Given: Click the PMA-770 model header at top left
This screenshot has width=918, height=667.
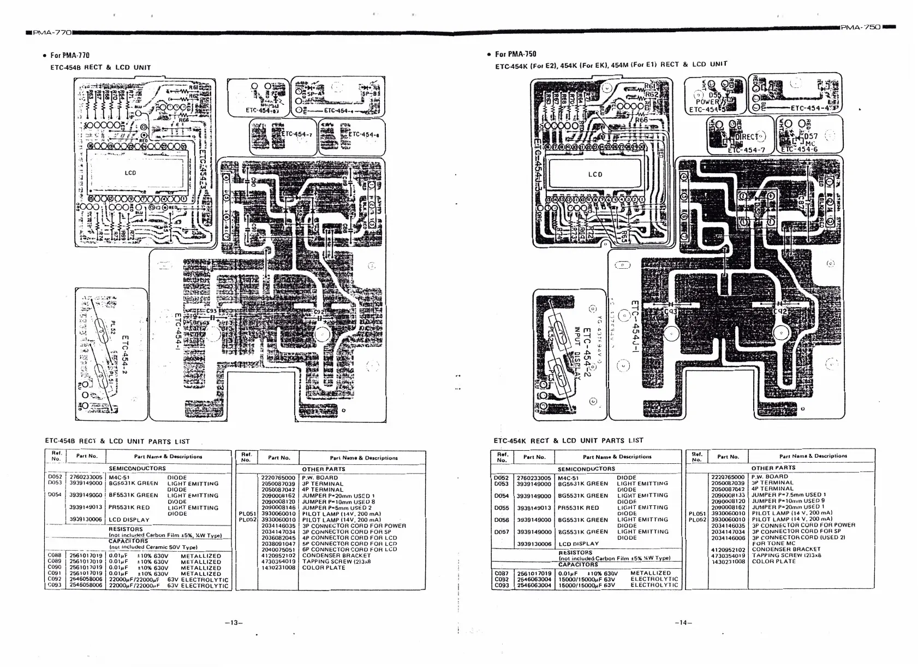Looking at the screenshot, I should [52, 33].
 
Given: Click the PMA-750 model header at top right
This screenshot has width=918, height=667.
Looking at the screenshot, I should [861, 27].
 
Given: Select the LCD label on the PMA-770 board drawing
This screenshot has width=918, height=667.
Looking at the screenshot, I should [130, 173].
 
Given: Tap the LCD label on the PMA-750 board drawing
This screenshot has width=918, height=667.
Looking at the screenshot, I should [595, 175].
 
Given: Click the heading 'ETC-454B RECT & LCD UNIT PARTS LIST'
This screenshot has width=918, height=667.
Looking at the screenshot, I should [117, 441].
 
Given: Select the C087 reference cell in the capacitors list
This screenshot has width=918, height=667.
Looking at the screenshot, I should [501, 573].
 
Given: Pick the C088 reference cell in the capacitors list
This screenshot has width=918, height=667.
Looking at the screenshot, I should [54, 556].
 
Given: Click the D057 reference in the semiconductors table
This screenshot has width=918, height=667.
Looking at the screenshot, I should [501, 532].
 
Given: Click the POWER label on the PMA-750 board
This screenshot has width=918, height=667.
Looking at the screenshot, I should [708, 102].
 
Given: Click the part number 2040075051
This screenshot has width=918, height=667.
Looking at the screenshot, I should [278, 550].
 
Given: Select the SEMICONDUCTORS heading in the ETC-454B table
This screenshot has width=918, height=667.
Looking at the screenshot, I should [137, 468].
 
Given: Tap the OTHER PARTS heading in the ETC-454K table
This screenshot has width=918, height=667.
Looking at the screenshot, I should [773, 468].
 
